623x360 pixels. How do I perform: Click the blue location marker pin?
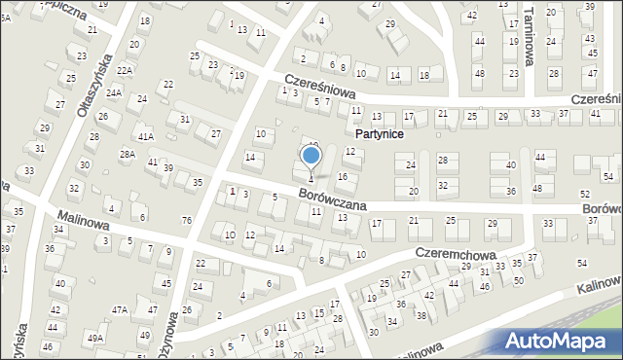311,155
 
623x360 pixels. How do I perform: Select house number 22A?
125,71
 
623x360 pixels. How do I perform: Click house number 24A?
114,93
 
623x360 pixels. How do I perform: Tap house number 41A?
146,137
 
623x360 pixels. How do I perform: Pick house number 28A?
128,155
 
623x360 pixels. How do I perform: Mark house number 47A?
119,309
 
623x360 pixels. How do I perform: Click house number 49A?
94,338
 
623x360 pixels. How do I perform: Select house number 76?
186,220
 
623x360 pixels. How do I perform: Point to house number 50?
517,280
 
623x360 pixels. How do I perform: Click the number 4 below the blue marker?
311,179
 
